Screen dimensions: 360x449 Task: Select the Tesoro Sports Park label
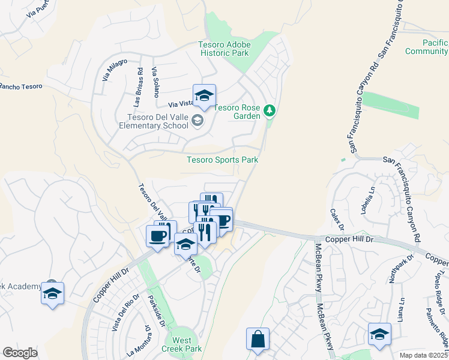point(222,160)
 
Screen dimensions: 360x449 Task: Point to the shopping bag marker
point(258,339)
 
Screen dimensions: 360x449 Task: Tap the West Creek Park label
point(178,343)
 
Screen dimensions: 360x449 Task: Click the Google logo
point(20,353)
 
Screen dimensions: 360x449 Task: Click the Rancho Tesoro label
point(21,86)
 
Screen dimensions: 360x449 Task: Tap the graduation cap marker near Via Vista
point(204,96)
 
